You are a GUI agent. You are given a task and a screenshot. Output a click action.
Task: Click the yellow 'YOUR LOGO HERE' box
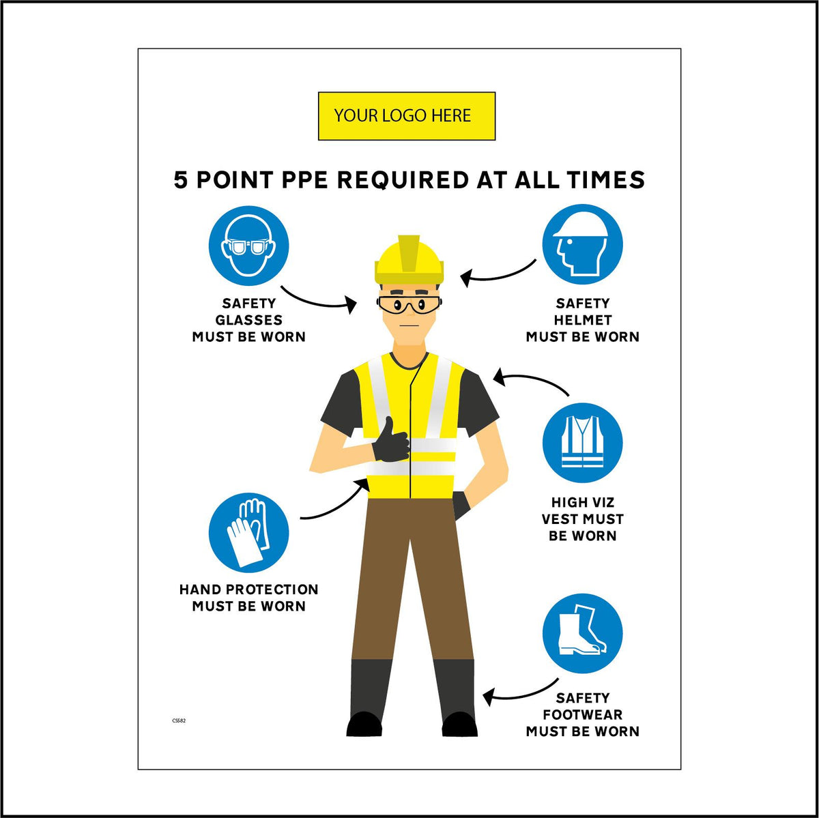click(406, 116)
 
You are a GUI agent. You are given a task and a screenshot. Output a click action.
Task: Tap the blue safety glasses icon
click(248, 246)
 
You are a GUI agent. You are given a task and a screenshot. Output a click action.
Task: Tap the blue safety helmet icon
click(582, 245)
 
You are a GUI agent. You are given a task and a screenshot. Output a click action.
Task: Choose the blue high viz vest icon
click(582, 443)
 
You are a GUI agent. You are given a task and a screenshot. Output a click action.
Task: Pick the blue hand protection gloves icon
click(248, 532)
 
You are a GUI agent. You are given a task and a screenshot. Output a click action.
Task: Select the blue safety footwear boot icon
click(582, 634)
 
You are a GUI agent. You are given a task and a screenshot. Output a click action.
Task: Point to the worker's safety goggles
click(409, 305)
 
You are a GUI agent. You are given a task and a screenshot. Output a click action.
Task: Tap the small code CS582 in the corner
click(179, 720)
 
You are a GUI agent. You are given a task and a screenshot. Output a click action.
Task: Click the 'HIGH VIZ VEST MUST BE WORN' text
click(582, 519)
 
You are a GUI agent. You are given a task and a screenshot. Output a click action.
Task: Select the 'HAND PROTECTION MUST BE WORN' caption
click(248, 598)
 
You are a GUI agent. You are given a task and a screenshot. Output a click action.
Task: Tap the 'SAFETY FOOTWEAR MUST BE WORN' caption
click(582, 714)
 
